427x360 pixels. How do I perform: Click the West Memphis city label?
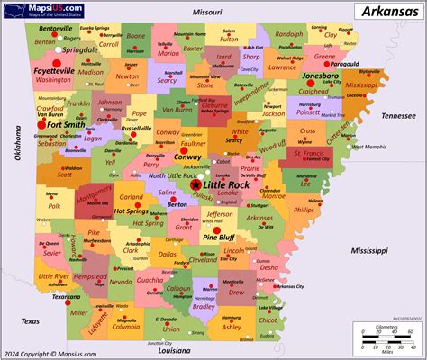click(368, 147)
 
